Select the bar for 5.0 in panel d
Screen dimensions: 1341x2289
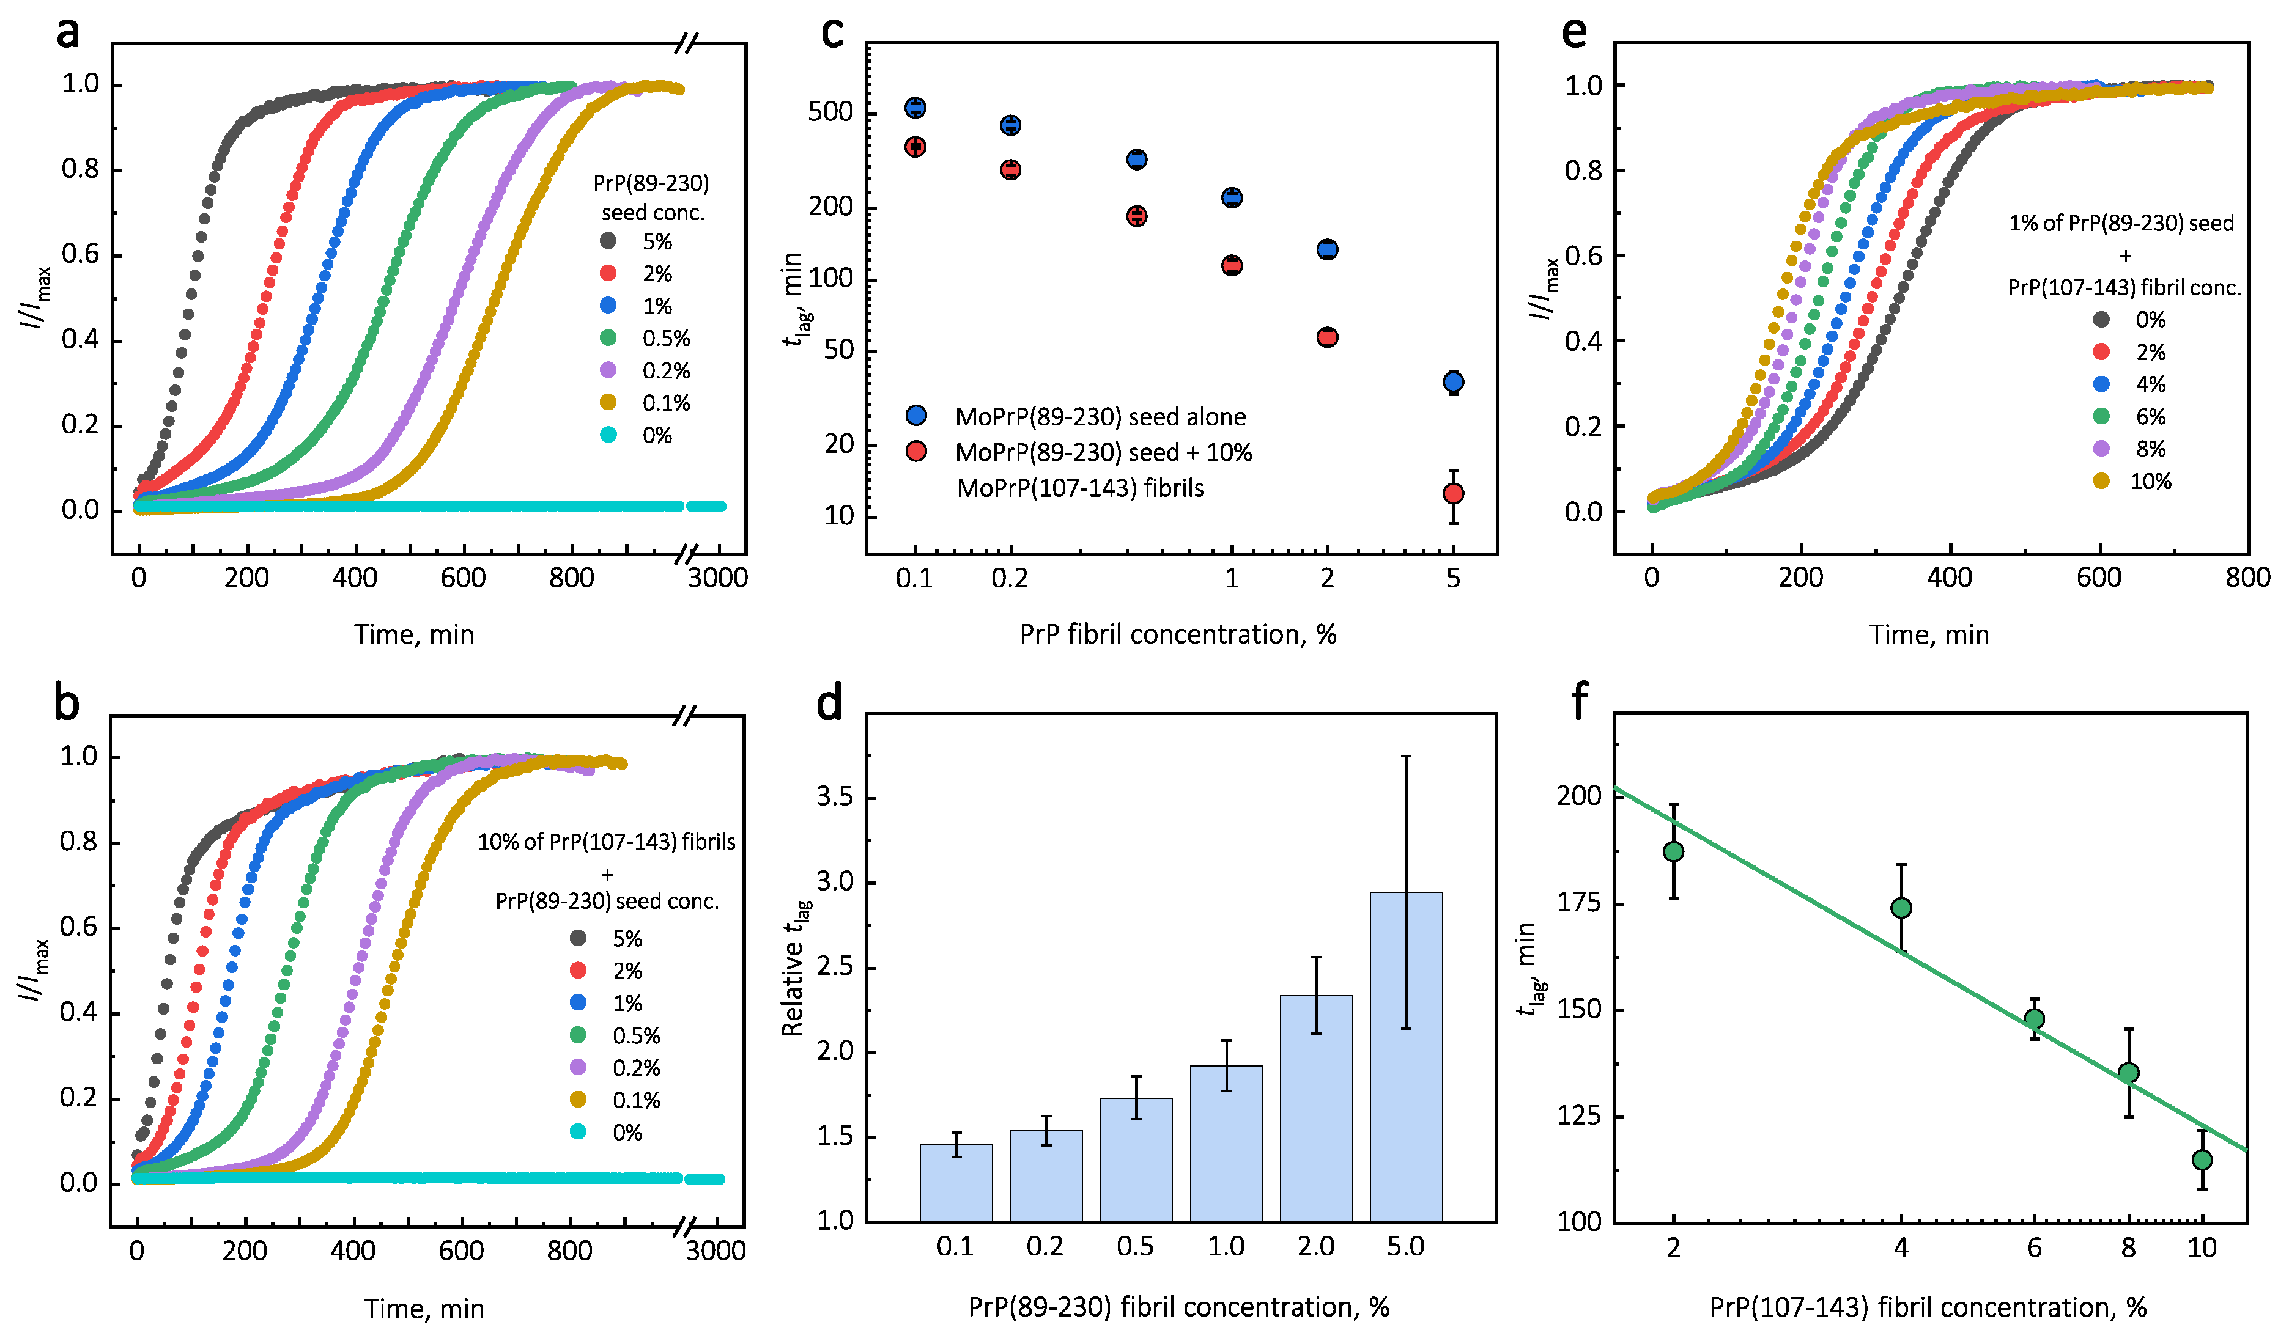(1405, 1056)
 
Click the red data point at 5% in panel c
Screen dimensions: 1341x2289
(1452, 493)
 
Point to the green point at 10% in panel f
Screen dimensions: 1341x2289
(2201, 1159)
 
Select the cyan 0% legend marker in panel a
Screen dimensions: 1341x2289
(608, 435)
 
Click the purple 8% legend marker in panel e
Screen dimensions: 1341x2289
(2101, 449)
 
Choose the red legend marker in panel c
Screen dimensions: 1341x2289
(917, 451)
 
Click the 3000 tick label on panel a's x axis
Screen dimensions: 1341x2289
(717, 578)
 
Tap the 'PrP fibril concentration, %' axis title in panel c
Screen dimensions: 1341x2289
(1177, 634)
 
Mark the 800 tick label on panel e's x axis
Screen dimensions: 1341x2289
(2247, 578)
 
